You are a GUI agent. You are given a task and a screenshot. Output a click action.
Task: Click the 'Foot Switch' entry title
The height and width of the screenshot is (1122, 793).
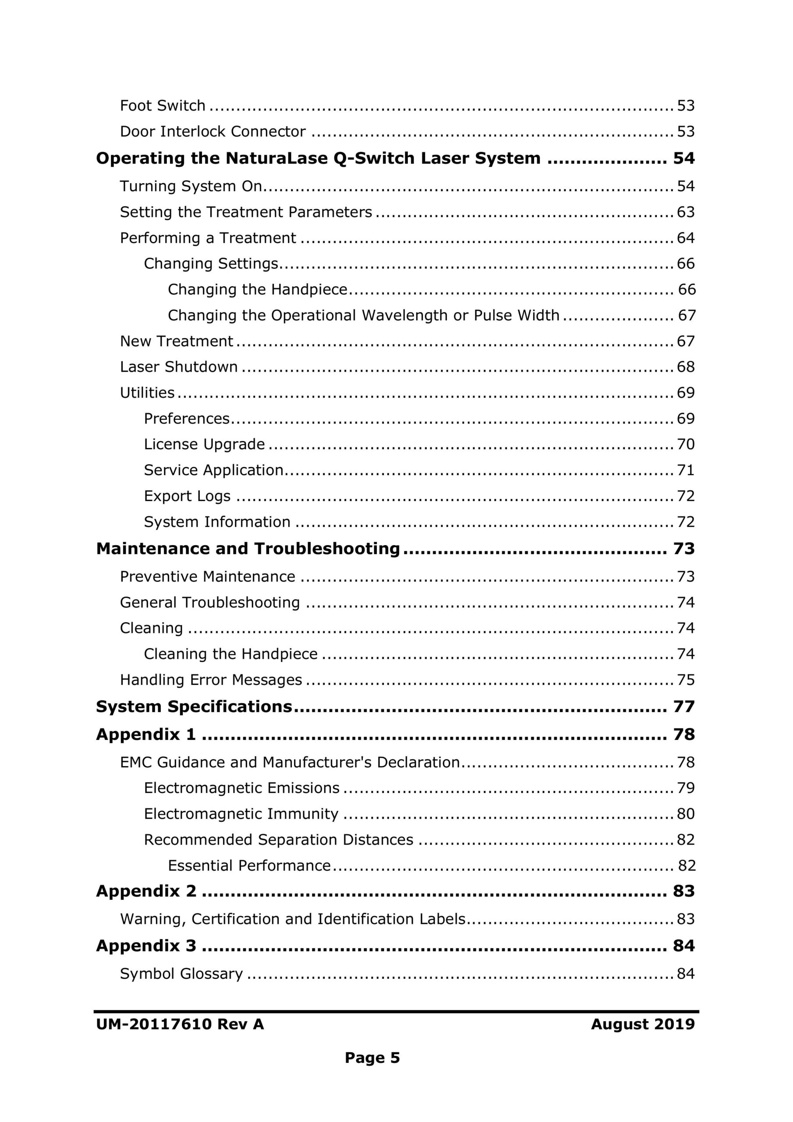pyautogui.click(x=162, y=106)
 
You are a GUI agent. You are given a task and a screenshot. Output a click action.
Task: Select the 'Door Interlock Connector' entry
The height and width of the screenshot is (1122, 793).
pyautogui.click(x=212, y=131)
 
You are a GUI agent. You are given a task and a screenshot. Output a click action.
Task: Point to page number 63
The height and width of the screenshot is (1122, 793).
pyautogui.click(x=686, y=212)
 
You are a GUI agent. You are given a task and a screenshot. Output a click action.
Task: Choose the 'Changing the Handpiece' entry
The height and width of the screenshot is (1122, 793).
pyautogui.click(x=257, y=289)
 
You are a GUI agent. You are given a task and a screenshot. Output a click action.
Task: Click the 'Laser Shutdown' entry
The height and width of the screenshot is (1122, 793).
pyautogui.click(x=179, y=366)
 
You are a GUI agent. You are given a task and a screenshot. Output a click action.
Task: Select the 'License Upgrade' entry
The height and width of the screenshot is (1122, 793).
pyautogui.click(x=204, y=444)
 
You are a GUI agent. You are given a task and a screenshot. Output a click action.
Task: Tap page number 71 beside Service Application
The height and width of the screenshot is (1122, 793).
pyautogui.click(x=686, y=470)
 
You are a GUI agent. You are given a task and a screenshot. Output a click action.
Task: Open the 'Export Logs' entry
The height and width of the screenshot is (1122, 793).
pyautogui.click(x=187, y=496)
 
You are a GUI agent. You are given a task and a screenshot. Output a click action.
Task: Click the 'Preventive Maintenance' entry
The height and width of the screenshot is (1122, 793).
pyautogui.click(x=208, y=577)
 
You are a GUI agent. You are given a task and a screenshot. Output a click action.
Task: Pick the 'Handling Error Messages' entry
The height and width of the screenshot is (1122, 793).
pyautogui.click(x=211, y=680)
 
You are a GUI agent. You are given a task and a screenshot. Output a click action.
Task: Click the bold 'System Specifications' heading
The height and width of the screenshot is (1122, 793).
pyautogui.click(x=194, y=707)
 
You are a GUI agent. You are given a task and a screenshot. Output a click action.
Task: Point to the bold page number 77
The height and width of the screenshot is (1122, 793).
pyautogui.click(x=683, y=707)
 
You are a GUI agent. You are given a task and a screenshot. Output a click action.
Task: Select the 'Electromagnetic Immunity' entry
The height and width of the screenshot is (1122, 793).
pyautogui.click(x=241, y=813)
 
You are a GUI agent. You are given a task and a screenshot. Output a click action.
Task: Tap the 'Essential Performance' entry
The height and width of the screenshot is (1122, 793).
pyautogui.click(x=249, y=866)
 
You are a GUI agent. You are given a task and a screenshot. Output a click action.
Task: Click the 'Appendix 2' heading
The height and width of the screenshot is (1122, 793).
pyautogui.click(x=146, y=891)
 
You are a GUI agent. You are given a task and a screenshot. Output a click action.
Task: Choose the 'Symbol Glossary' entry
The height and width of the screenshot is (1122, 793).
pyautogui.click(x=181, y=974)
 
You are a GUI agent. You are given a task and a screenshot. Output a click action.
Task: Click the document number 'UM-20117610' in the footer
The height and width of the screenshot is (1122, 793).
pyautogui.click(x=153, y=1024)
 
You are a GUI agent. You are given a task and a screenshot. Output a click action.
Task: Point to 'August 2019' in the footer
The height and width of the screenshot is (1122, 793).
pyautogui.click(x=643, y=1024)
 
